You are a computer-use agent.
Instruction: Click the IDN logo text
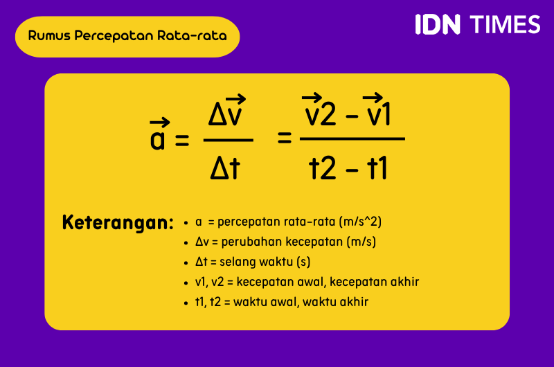coord(438,24)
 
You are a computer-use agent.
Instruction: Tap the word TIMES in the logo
coord(505,24)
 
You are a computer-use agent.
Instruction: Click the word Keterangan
coord(117,223)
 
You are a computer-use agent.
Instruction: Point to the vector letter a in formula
coord(159,139)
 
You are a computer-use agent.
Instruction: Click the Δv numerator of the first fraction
coord(228,115)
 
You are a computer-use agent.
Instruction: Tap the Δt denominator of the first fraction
coord(225,168)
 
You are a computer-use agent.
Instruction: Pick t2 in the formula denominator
coord(322,168)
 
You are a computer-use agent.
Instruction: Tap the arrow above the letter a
coord(160,123)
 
